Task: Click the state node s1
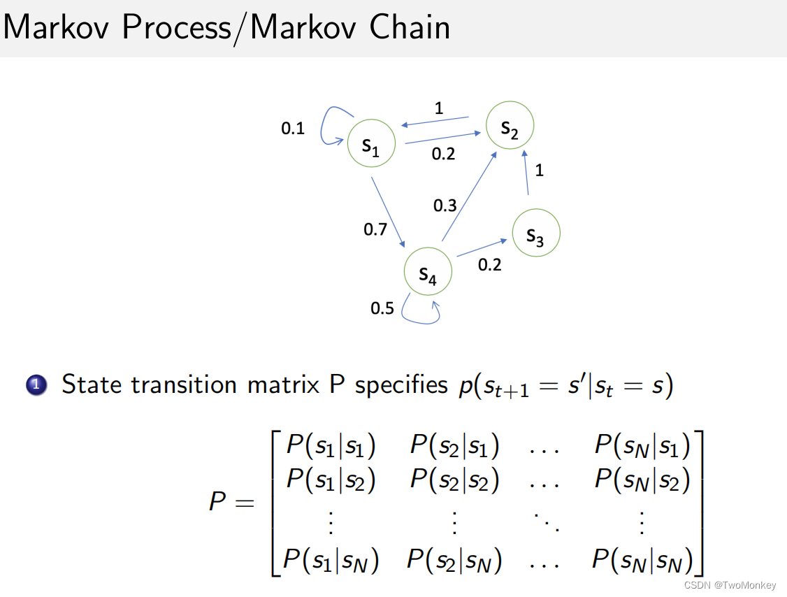coord(371,144)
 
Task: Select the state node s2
coord(510,126)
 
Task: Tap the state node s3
coord(536,233)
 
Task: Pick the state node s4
coord(428,272)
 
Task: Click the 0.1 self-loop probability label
coord(293,129)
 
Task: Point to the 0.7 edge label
coord(375,229)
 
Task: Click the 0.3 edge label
coord(445,206)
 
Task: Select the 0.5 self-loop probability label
coord(382,308)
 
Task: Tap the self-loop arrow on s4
coord(421,316)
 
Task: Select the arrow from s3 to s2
coord(527,175)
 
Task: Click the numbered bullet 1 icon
coord(37,385)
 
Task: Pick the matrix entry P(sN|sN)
coord(642,559)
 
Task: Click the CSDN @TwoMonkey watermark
coord(730,584)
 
